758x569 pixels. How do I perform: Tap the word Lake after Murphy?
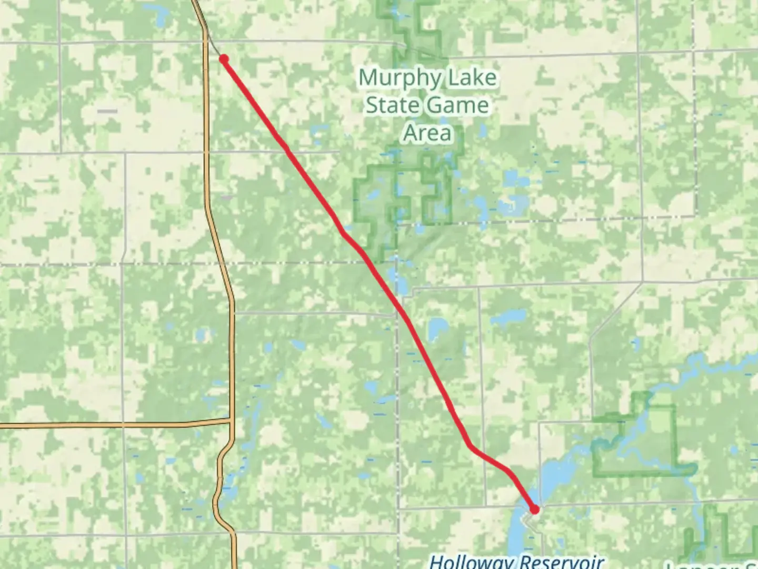point(470,78)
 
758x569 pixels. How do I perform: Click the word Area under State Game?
point(427,133)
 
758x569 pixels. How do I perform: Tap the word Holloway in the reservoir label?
point(471,561)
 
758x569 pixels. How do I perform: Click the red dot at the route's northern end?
point(224,59)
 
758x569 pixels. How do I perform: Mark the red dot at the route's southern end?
point(535,509)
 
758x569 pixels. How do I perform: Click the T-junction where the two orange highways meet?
point(232,421)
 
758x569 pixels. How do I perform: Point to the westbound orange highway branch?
point(105,424)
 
